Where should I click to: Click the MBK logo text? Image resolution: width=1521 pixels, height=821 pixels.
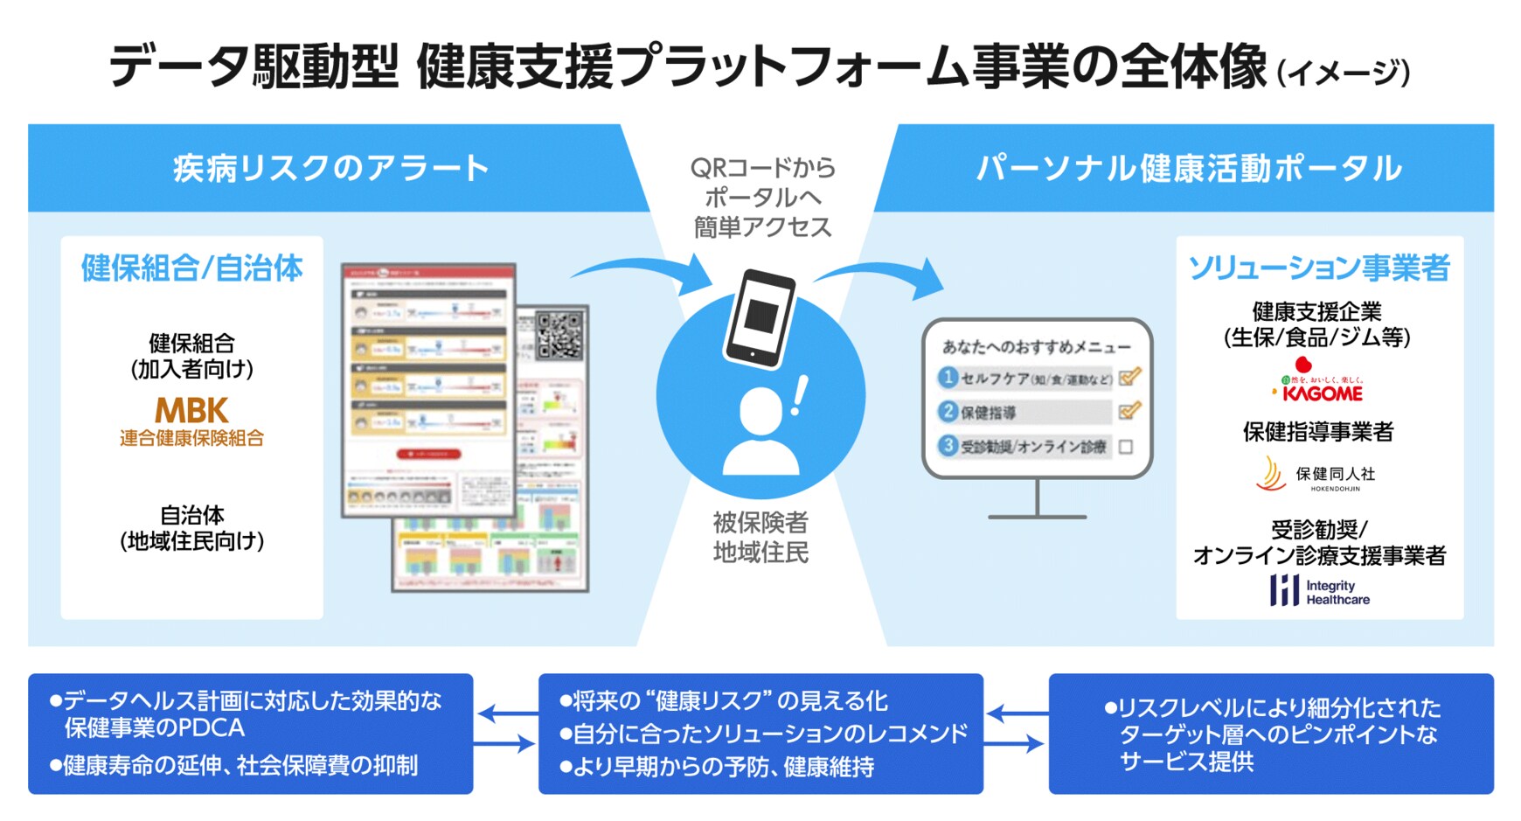tap(191, 410)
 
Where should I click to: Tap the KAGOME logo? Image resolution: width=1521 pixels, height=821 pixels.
tap(1321, 393)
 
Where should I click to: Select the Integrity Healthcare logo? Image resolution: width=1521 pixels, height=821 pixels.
tap(1319, 592)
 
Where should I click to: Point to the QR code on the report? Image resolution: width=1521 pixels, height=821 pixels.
tap(559, 336)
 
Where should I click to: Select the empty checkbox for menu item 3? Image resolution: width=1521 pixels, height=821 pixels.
tap(1126, 447)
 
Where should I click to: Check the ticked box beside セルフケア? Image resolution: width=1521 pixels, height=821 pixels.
tap(1129, 378)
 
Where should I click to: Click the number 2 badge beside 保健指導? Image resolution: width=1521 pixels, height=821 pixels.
tap(948, 411)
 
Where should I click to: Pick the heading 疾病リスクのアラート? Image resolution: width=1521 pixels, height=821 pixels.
tap(330, 168)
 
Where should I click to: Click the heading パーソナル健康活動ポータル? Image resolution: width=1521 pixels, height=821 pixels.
tap(1188, 168)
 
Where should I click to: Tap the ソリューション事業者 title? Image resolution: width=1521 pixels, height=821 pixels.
tap(1319, 268)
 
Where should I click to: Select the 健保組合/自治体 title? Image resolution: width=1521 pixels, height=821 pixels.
tap(191, 268)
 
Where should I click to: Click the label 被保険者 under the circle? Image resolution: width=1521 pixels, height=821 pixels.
tap(760, 522)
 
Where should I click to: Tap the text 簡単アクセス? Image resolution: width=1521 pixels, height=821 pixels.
tap(761, 227)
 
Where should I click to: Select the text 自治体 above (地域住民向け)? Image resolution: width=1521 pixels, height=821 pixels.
tap(191, 515)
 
